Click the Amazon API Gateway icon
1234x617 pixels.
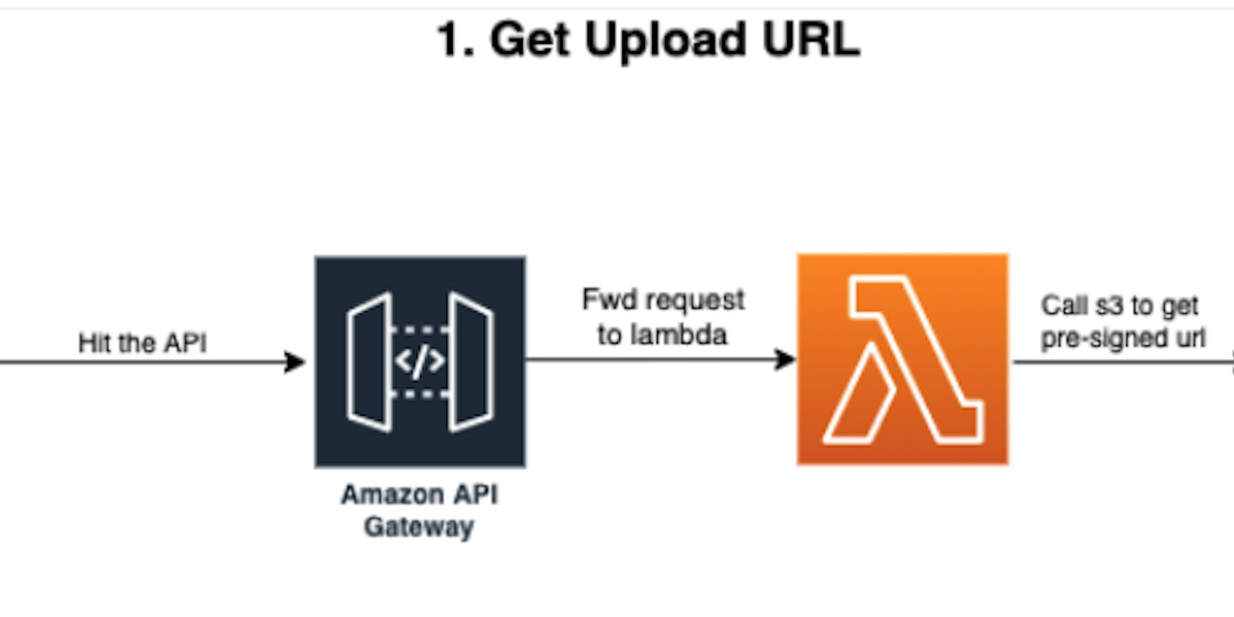coord(420,362)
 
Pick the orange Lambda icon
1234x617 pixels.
coord(903,359)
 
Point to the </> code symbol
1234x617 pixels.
coord(420,361)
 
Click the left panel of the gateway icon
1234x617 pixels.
coord(370,362)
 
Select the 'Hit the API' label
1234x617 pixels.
coord(143,343)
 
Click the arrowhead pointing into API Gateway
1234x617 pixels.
coord(295,362)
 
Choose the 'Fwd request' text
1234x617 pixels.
coord(663,300)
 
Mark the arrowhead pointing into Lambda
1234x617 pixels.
coord(785,359)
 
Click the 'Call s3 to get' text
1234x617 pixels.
coord(1119,306)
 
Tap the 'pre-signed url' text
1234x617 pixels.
coord(1122,338)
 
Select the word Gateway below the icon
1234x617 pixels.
coord(419,527)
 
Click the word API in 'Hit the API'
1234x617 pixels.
coord(185,343)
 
